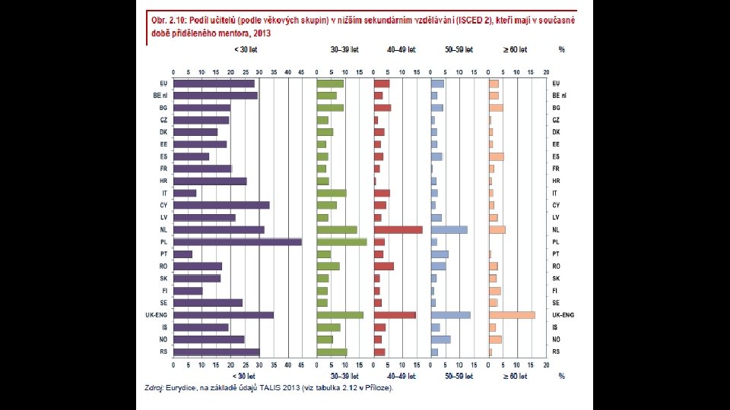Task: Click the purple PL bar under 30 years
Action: coord(237,242)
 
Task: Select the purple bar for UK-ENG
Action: coord(224,315)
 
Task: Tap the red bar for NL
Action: coord(398,229)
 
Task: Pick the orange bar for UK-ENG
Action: coord(512,315)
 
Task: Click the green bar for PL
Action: coord(341,242)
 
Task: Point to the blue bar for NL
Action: coord(449,229)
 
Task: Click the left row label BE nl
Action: coord(160,96)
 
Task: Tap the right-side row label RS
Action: coord(556,352)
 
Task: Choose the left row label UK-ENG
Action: coord(157,315)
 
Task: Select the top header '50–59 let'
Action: coord(459,49)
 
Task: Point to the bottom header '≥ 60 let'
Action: coord(514,376)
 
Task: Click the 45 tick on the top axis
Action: coord(302,72)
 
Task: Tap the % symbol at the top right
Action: coord(561,49)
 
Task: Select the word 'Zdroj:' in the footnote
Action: coord(155,388)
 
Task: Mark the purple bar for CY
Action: coord(221,205)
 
